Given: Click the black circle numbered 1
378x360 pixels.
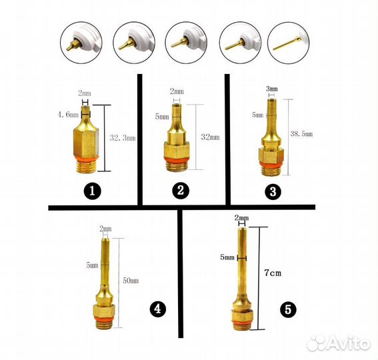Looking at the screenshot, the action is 92,191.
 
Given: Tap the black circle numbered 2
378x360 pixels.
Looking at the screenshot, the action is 181,191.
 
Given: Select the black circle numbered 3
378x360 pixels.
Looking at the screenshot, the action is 273,192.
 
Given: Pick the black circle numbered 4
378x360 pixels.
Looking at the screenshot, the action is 157,309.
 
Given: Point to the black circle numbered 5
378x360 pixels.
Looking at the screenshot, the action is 288,309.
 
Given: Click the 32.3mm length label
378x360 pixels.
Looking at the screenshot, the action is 123,138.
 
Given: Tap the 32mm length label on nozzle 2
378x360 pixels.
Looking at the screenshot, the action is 210,137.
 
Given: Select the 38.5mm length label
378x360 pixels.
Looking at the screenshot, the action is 301,133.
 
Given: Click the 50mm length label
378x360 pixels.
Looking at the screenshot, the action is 131,281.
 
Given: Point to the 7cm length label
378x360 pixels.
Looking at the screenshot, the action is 273,273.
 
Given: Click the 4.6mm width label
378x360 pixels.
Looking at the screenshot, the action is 68,115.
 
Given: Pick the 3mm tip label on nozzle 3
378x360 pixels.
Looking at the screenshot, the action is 272,89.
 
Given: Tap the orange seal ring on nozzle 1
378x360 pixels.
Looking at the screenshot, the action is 86,158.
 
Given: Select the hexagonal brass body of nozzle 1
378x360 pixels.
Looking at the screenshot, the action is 86,141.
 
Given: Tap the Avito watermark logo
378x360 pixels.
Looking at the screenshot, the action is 339,343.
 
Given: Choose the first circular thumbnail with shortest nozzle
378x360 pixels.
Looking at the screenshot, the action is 81,43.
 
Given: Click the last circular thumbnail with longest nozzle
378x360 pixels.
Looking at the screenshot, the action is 288,43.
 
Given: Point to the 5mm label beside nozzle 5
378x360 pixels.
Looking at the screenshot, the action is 227,257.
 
